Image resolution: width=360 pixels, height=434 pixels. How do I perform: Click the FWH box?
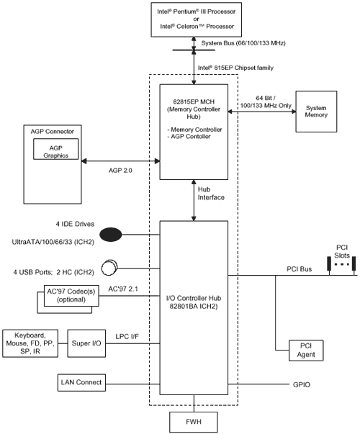pyautogui.click(x=194, y=422)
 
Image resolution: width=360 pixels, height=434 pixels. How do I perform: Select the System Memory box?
pyautogui.click(x=316, y=112)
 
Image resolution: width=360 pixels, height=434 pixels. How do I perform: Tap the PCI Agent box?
pyautogui.click(x=306, y=351)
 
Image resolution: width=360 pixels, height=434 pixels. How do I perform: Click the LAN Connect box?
pyautogui.click(x=81, y=382)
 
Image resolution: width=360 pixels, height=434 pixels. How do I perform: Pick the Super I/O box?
pyautogui.click(x=86, y=343)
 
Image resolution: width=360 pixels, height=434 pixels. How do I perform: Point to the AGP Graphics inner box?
pyautogui.click(x=55, y=149)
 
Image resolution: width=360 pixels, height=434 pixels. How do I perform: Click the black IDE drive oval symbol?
pyautogui.click(x=111, y=235)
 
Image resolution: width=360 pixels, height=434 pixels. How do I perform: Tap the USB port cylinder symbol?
pyautogui.click(x=109, y=268)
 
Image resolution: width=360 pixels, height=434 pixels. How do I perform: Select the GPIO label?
pyautogui.click(x=302, y=385)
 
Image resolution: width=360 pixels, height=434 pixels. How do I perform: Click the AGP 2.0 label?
pyautogui.click(x=120, y=171)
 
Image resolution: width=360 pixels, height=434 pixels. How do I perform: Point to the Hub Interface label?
pyautogui.click(x=211, y=194)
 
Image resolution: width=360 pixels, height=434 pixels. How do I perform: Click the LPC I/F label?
pyautogui.click(x=127, y=337)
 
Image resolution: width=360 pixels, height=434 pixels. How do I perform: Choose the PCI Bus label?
pyautogui.click(x=299, y=269)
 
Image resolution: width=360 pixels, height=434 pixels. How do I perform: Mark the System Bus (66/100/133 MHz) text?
pyautogui.click(x=243, y=43)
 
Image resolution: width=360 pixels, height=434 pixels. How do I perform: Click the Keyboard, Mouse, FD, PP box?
pyautogui.click(x=30, y=343)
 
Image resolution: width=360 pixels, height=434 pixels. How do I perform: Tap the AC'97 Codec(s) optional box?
pyautogui.click(x=71, y=296)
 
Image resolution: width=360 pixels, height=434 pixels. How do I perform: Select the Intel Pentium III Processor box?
pyautogui.click(x=196, y=19)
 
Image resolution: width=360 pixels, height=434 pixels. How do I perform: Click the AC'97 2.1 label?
pyautogui.click(x=123, y=289)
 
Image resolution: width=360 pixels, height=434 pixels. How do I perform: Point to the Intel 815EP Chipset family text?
pyautogui.click(x=235, y=68)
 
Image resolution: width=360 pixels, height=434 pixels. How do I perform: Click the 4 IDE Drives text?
pyautogui.click(x=75, y=224)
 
